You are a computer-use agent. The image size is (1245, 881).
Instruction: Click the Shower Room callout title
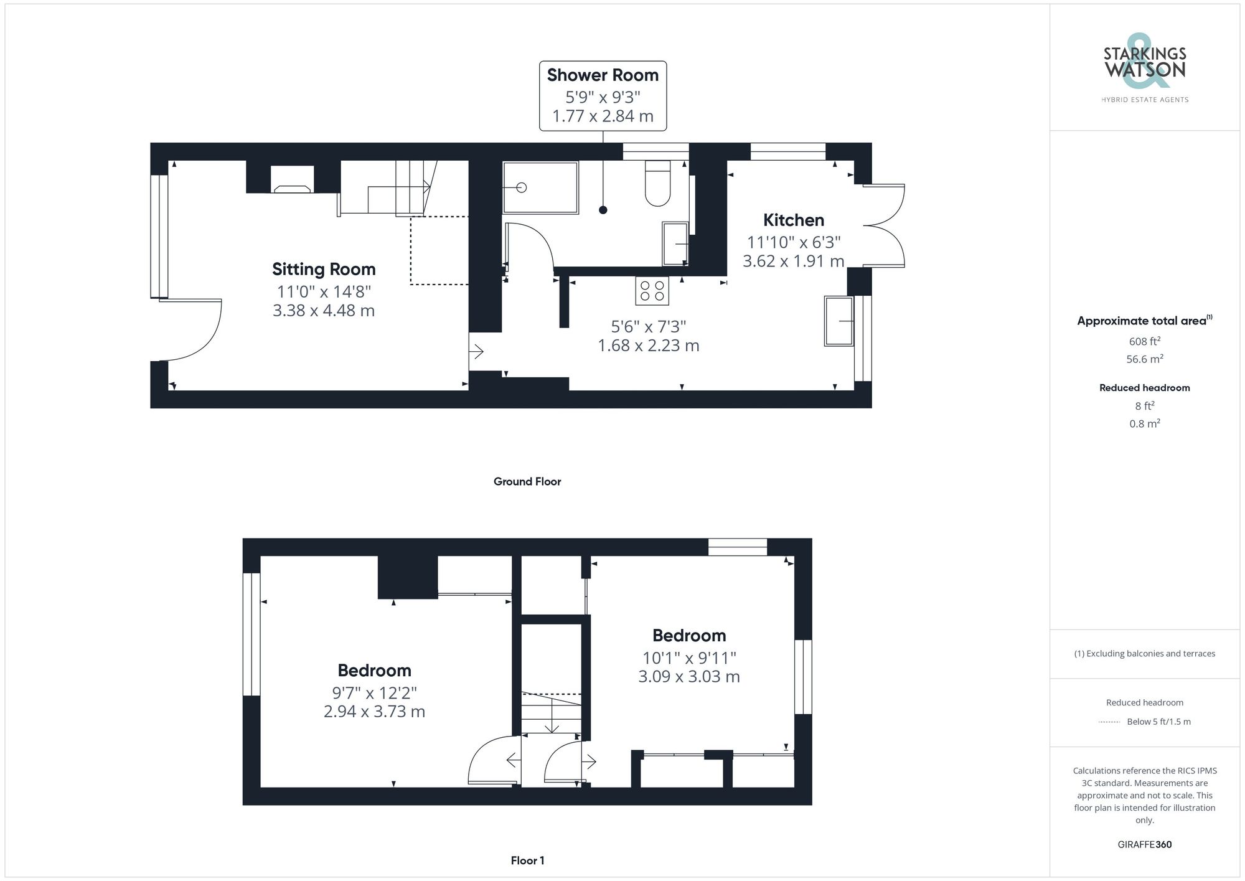click(x=603, y=75)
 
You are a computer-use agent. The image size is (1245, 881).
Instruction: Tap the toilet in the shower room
click(x=657, y=184)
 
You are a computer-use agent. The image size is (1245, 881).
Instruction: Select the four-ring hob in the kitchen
click(x=652, y=291)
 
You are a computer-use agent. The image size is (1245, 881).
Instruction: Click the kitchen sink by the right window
click(x=839, y=321)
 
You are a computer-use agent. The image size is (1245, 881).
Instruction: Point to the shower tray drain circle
click(x=522, y=187)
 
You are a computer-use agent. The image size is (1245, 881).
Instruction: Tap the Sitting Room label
click(x=324, y=270)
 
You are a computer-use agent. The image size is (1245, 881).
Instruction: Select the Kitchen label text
click(x=793, y=220)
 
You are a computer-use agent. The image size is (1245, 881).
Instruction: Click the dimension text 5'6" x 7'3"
click(x=648, y=326)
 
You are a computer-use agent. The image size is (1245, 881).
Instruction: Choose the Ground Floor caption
click(x=527, y=481)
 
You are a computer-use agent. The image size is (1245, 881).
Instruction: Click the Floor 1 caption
click(x=527, y=860)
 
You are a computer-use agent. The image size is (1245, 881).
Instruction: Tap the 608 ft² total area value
click(x=1144, y=341)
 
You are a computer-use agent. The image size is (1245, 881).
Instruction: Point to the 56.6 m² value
click(x=1144, y=359)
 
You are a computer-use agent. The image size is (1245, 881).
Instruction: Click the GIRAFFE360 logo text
click(x=1144, y=845)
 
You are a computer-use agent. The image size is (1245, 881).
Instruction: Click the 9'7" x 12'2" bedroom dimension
click(x=374, y=692)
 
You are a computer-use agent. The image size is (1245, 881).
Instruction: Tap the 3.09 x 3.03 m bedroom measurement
click(x=688, y=677)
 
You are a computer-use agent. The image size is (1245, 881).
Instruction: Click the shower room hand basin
click(x=675, y=243)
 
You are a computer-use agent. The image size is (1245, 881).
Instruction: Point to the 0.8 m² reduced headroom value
click(x=1144, y=424)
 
